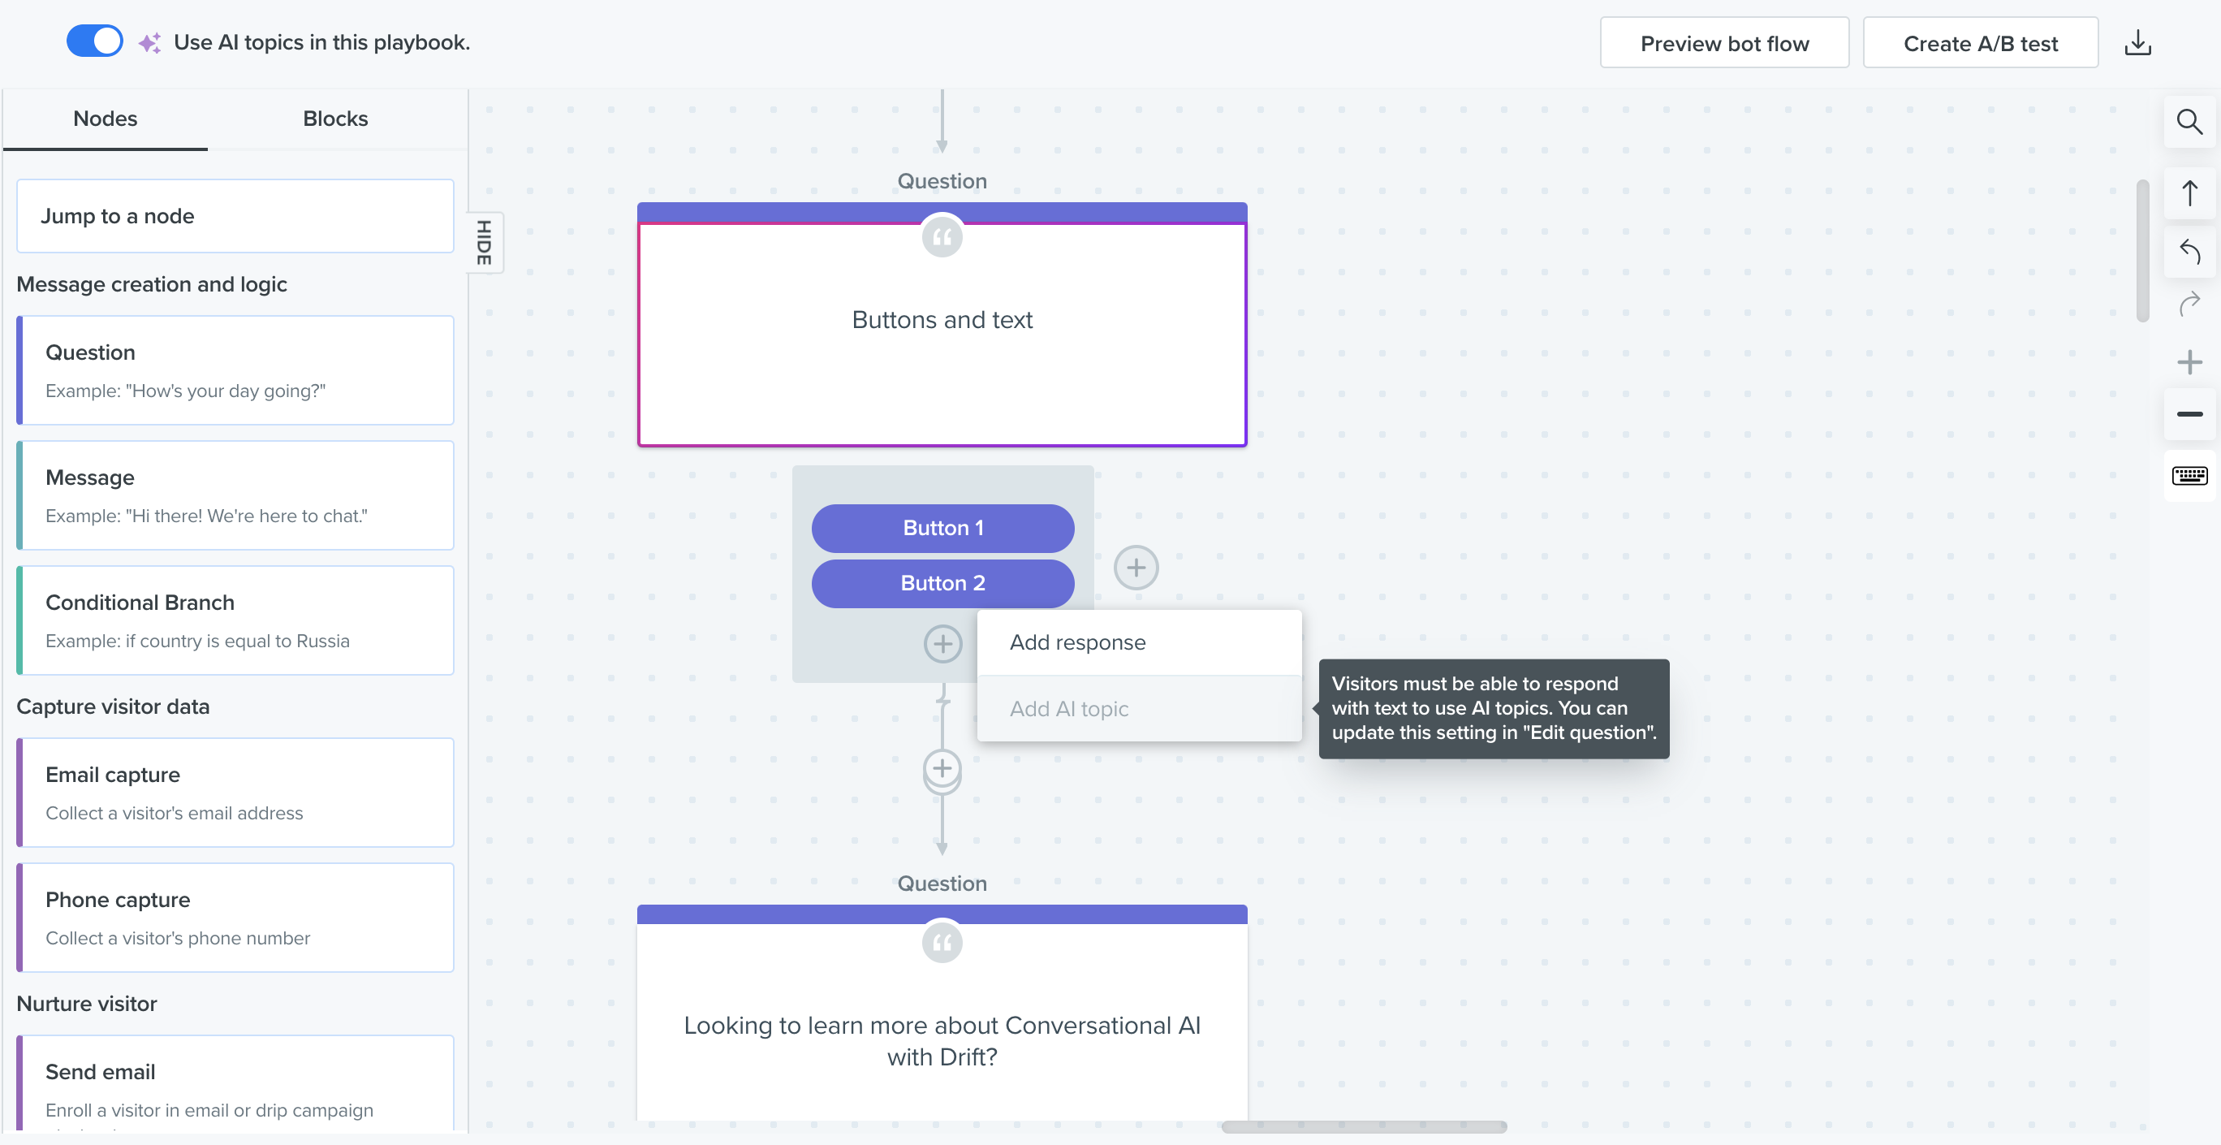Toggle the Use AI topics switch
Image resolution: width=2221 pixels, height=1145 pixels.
click(95, 41)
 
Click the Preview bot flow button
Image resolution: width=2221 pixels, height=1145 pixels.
click(1724, 43)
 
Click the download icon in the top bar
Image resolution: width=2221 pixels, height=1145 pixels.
click(2138, 43)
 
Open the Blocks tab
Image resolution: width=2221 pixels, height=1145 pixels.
click(335, 119)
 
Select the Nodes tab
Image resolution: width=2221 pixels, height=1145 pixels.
click(106, 119)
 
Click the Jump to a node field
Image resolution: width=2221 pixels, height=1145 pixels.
click(235, 215)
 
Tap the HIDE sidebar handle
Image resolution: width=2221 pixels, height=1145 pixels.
click(485, 242)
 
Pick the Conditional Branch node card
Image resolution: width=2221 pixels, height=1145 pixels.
click(235, 620)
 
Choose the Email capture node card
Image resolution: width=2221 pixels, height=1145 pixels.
click(235, 793)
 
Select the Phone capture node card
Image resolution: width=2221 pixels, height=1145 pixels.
click(235, 918)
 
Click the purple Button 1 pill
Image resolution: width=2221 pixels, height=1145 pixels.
click(943, 529)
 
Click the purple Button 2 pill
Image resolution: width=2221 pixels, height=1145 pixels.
click(943, 584)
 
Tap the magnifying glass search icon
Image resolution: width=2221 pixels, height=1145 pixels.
click(2190, 123)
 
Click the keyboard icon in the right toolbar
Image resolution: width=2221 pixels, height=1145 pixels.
click(2190, 476)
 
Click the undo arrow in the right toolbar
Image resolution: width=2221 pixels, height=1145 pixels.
click(2190, 251)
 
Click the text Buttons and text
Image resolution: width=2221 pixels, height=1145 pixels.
click(942, 320)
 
